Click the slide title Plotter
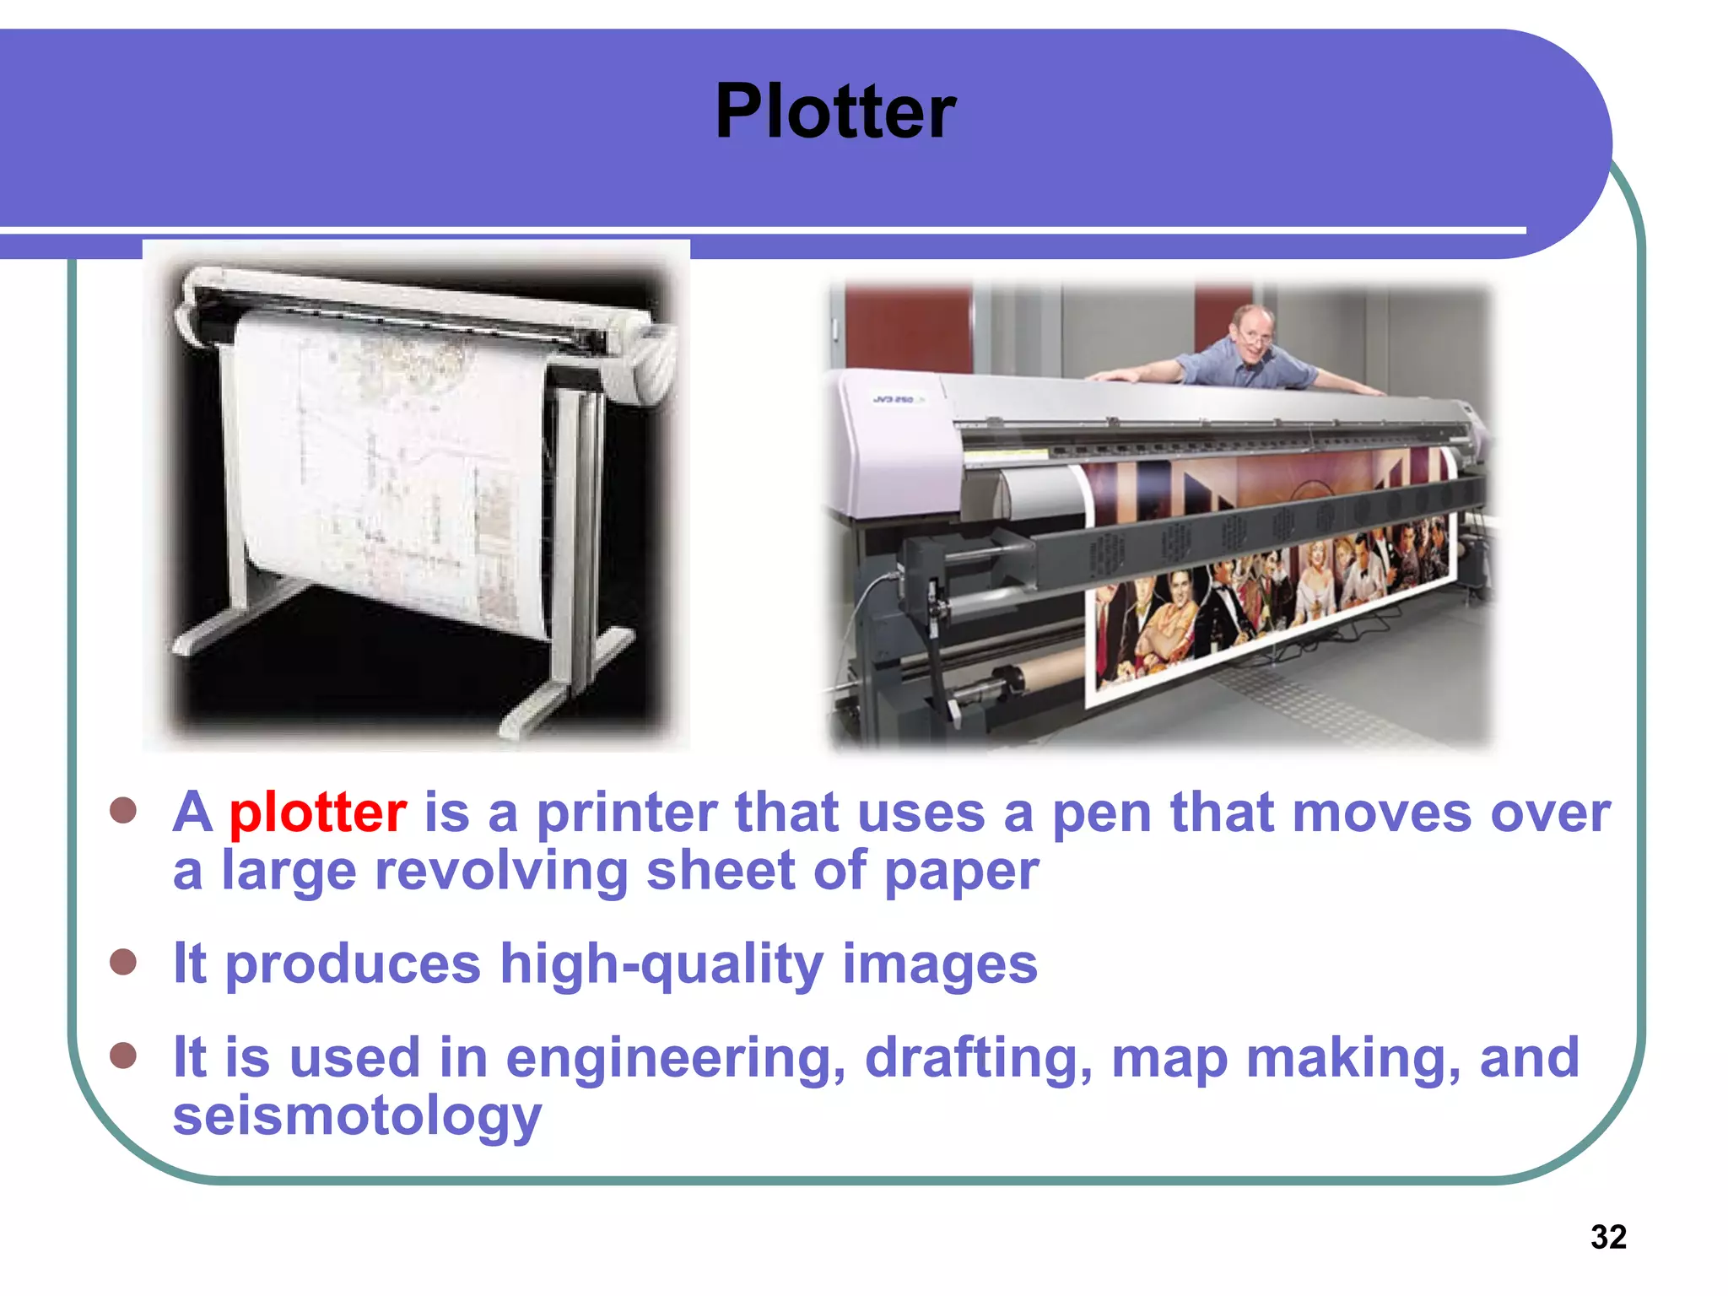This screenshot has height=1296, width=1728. click(x=834, y=111)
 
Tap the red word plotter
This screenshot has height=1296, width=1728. click(x=318, y=813)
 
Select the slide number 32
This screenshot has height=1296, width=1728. click(x=1608, y=1237)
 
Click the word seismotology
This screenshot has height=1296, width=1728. click(x=357, y=1115)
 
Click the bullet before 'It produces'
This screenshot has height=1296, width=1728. click(x=123, y=962)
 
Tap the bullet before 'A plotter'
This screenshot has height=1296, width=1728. click(x=123, y=811)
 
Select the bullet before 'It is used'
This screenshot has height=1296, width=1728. click(x=123, y=1056)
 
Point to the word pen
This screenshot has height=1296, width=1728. click(x=1101, y=814)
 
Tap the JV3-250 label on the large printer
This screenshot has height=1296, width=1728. click(x=894, y=399)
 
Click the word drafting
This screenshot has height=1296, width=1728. click(x=979, y=1059)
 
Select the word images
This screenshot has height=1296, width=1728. click(x=940, y=964)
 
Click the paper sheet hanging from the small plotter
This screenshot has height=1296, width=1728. click(x=388, y=472)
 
